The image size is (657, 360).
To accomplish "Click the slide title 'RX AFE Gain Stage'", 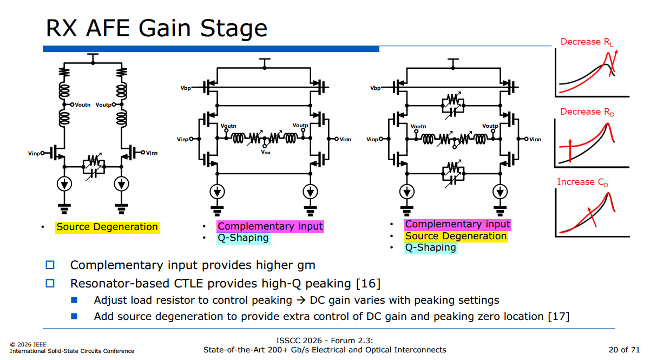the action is tap(156, 29).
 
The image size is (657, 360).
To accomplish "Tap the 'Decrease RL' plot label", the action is tap(587, 42).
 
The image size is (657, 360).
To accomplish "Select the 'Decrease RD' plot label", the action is tap(587, 112).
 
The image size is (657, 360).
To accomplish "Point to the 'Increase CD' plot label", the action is tap(582, 182).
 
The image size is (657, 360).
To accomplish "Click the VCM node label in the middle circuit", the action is tap(266, 152).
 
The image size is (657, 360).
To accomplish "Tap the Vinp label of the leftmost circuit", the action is tap(34, 153).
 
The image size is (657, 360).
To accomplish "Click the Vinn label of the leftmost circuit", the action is tap(152, 153).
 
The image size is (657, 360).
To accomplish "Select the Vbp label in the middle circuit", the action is tap(186, 88).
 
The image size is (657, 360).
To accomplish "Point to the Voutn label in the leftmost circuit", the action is tap(82, 104).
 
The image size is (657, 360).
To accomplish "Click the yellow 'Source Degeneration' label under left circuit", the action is tap(107, 227).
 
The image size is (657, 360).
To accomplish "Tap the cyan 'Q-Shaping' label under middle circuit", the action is tap(243, 238).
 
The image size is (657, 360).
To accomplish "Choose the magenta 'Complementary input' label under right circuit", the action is tap(457, 225).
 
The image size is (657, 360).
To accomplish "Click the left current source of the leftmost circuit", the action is tap(64, 184).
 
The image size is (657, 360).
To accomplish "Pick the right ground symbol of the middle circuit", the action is tap(310, 211).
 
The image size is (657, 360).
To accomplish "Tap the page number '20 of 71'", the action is tap(624, 350).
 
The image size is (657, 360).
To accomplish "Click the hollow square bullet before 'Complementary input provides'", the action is tap(50, 265).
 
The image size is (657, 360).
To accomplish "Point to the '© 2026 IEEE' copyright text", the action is tap(28, 344).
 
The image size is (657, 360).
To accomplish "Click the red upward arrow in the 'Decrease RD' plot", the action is tap(570, 150).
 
